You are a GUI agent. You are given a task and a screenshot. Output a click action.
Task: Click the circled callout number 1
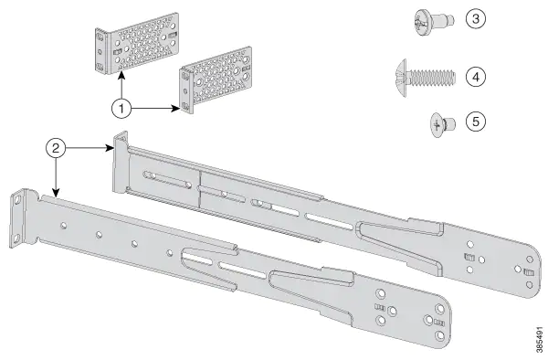point(121,109)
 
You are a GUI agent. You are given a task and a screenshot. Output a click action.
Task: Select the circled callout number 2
point(56,148)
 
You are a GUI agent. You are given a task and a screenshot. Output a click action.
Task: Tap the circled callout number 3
point(476,18)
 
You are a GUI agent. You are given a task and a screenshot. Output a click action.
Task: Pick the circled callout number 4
point(476,77)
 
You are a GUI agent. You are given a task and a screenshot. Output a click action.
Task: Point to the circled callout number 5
point(476,122)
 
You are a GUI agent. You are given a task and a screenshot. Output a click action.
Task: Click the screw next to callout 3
point(434,22)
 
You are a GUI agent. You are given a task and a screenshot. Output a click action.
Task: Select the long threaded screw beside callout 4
point(426,78)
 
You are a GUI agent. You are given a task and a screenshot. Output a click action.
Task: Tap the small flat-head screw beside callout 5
point(442,125)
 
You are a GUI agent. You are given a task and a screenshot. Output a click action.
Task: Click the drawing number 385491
point(541,340)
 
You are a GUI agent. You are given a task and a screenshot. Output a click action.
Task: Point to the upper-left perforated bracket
point(137,44)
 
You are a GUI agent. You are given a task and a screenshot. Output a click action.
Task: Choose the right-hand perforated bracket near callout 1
point(216,79)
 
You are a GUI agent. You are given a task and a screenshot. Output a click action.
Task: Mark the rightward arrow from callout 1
point(155,108)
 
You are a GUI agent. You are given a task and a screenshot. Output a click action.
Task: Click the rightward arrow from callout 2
point(90,148)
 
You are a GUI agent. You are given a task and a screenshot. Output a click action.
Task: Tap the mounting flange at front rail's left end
point(17,218)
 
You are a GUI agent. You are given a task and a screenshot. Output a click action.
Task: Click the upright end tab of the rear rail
point(120,163)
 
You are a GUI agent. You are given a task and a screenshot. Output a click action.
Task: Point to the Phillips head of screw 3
point(423,22)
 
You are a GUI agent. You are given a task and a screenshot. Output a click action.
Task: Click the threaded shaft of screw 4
point(433,78)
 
